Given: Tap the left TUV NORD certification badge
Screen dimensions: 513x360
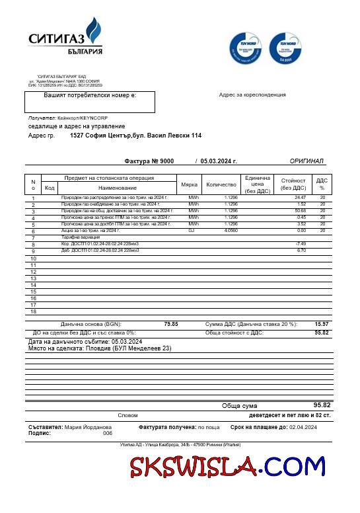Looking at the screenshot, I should (x=245, y=48).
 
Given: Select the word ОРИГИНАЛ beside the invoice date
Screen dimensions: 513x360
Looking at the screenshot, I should (x=306, y=161).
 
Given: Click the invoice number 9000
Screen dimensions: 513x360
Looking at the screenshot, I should (x=166, y=161).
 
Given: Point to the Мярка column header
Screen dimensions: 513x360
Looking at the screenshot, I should (x=190, y=184).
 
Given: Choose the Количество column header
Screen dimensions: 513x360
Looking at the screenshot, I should (x=221, y=184).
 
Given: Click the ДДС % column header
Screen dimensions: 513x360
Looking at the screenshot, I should (x=322, y=184).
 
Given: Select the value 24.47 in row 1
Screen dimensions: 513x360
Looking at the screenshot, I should (x=301, y=198).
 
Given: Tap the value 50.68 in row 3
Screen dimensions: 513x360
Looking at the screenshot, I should (x=301, y=211).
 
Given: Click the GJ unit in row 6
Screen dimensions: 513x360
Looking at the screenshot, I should (x=192, y=231).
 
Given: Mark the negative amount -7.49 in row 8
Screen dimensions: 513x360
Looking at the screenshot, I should (x=301, y=244).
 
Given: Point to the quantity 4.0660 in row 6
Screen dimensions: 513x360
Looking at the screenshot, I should (x=231, y=231).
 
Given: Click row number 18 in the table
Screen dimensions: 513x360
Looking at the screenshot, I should (x=33, y=311).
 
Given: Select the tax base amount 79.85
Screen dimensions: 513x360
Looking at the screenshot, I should (x=170, y=325).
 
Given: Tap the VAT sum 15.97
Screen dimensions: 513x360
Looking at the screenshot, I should (x=322, y=325).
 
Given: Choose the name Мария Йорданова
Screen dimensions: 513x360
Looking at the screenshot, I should (x=89, y=428).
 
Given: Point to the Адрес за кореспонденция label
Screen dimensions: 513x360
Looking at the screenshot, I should (x=252, y=95).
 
